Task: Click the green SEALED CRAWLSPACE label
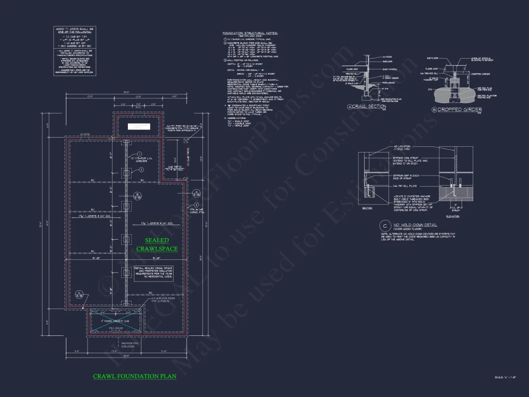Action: [157, 244]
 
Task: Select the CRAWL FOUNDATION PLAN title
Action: [135, 376]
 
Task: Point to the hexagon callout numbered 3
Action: [196, 205]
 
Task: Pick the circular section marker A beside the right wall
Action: [196, 194]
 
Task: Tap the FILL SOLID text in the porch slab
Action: [116, 328]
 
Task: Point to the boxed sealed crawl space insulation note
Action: [153, 273]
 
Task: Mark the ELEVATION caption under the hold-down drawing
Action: [452, 217]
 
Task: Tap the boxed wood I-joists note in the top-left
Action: [75, 51]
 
